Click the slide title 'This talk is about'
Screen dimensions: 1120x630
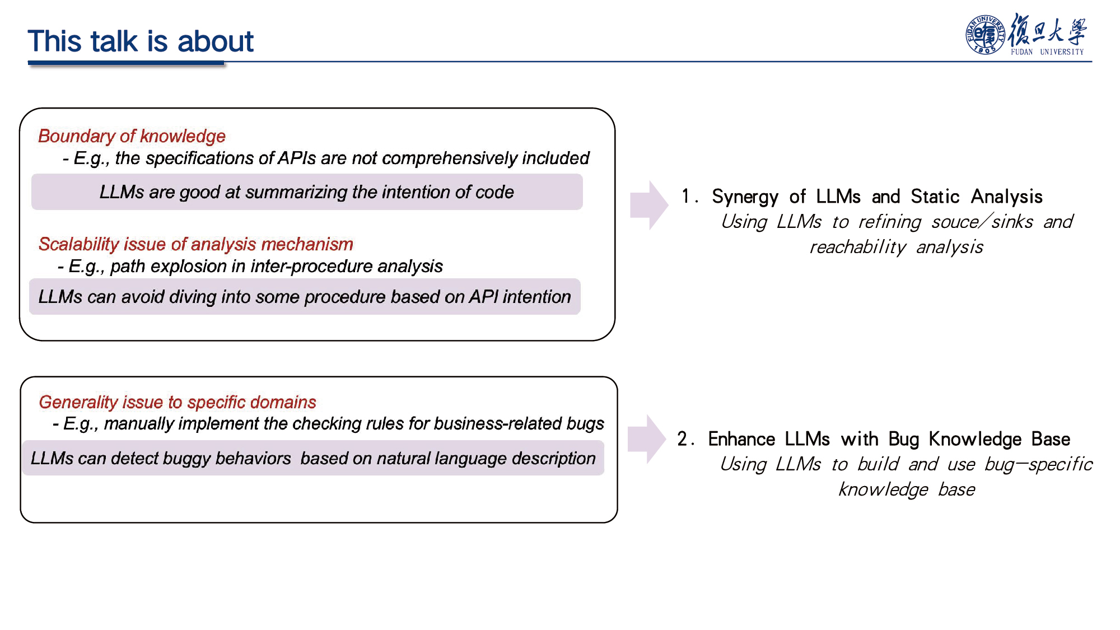click(x=141, y=41)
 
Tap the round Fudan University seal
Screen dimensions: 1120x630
click(x=985, y=35)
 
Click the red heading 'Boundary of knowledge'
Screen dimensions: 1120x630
click(x=132, y=136)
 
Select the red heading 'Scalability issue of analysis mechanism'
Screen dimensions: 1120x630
click(x=195, y=244)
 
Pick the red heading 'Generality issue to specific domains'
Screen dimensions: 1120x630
click(x=178, y=402)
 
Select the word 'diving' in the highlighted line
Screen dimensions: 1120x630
click(x=193, y=297)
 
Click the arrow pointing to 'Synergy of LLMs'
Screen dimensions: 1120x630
click(x=649, y=205)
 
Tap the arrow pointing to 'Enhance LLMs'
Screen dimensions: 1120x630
click(x=647, y=440)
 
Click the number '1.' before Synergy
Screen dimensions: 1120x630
click(x=689, y=197)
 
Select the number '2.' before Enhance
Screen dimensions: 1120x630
click(x=685, y=439)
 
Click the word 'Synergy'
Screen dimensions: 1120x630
click(x=745, y=197)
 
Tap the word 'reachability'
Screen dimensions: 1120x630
click(x=858, y=247)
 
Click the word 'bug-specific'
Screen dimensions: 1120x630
click(x=1039, y=464)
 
